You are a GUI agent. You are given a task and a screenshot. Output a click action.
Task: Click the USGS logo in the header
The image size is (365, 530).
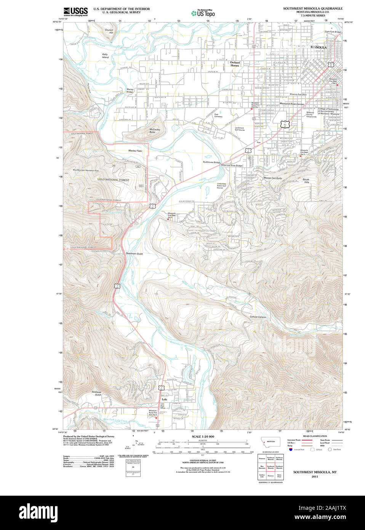click(75, 11)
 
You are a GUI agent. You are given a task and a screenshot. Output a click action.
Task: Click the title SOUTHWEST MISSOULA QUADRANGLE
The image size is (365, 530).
click(312, 8)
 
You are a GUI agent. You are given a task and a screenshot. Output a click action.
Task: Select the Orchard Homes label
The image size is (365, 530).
click(235, 64)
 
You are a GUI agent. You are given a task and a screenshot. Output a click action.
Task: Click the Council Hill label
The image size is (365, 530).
click(109, 31)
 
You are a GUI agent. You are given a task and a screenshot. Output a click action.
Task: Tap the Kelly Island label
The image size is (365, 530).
click(105, 56)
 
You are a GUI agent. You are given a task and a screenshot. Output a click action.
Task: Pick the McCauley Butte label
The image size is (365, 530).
click(155, 130)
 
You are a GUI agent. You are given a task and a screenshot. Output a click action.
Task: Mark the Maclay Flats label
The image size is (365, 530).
click(135, 151)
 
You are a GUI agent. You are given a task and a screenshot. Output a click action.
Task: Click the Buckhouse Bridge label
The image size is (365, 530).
click(211, 162)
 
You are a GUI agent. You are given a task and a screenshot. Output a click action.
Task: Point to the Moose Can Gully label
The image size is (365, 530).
click(273, 178)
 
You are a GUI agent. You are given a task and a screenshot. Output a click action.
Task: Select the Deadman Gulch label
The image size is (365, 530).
click(134, 254)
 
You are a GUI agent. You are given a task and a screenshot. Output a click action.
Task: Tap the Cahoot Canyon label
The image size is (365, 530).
click(258, 317)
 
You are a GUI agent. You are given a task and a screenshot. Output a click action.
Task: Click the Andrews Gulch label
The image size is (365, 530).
click(96, 393)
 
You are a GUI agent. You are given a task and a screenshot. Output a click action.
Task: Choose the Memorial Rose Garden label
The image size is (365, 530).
click(292, 104)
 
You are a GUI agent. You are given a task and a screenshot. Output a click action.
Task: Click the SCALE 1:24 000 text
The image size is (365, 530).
click(203, 437)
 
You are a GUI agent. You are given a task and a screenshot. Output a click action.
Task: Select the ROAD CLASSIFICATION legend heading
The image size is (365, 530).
click(315, 436)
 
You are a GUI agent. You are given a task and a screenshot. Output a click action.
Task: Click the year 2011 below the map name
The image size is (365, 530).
click(315, 477)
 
